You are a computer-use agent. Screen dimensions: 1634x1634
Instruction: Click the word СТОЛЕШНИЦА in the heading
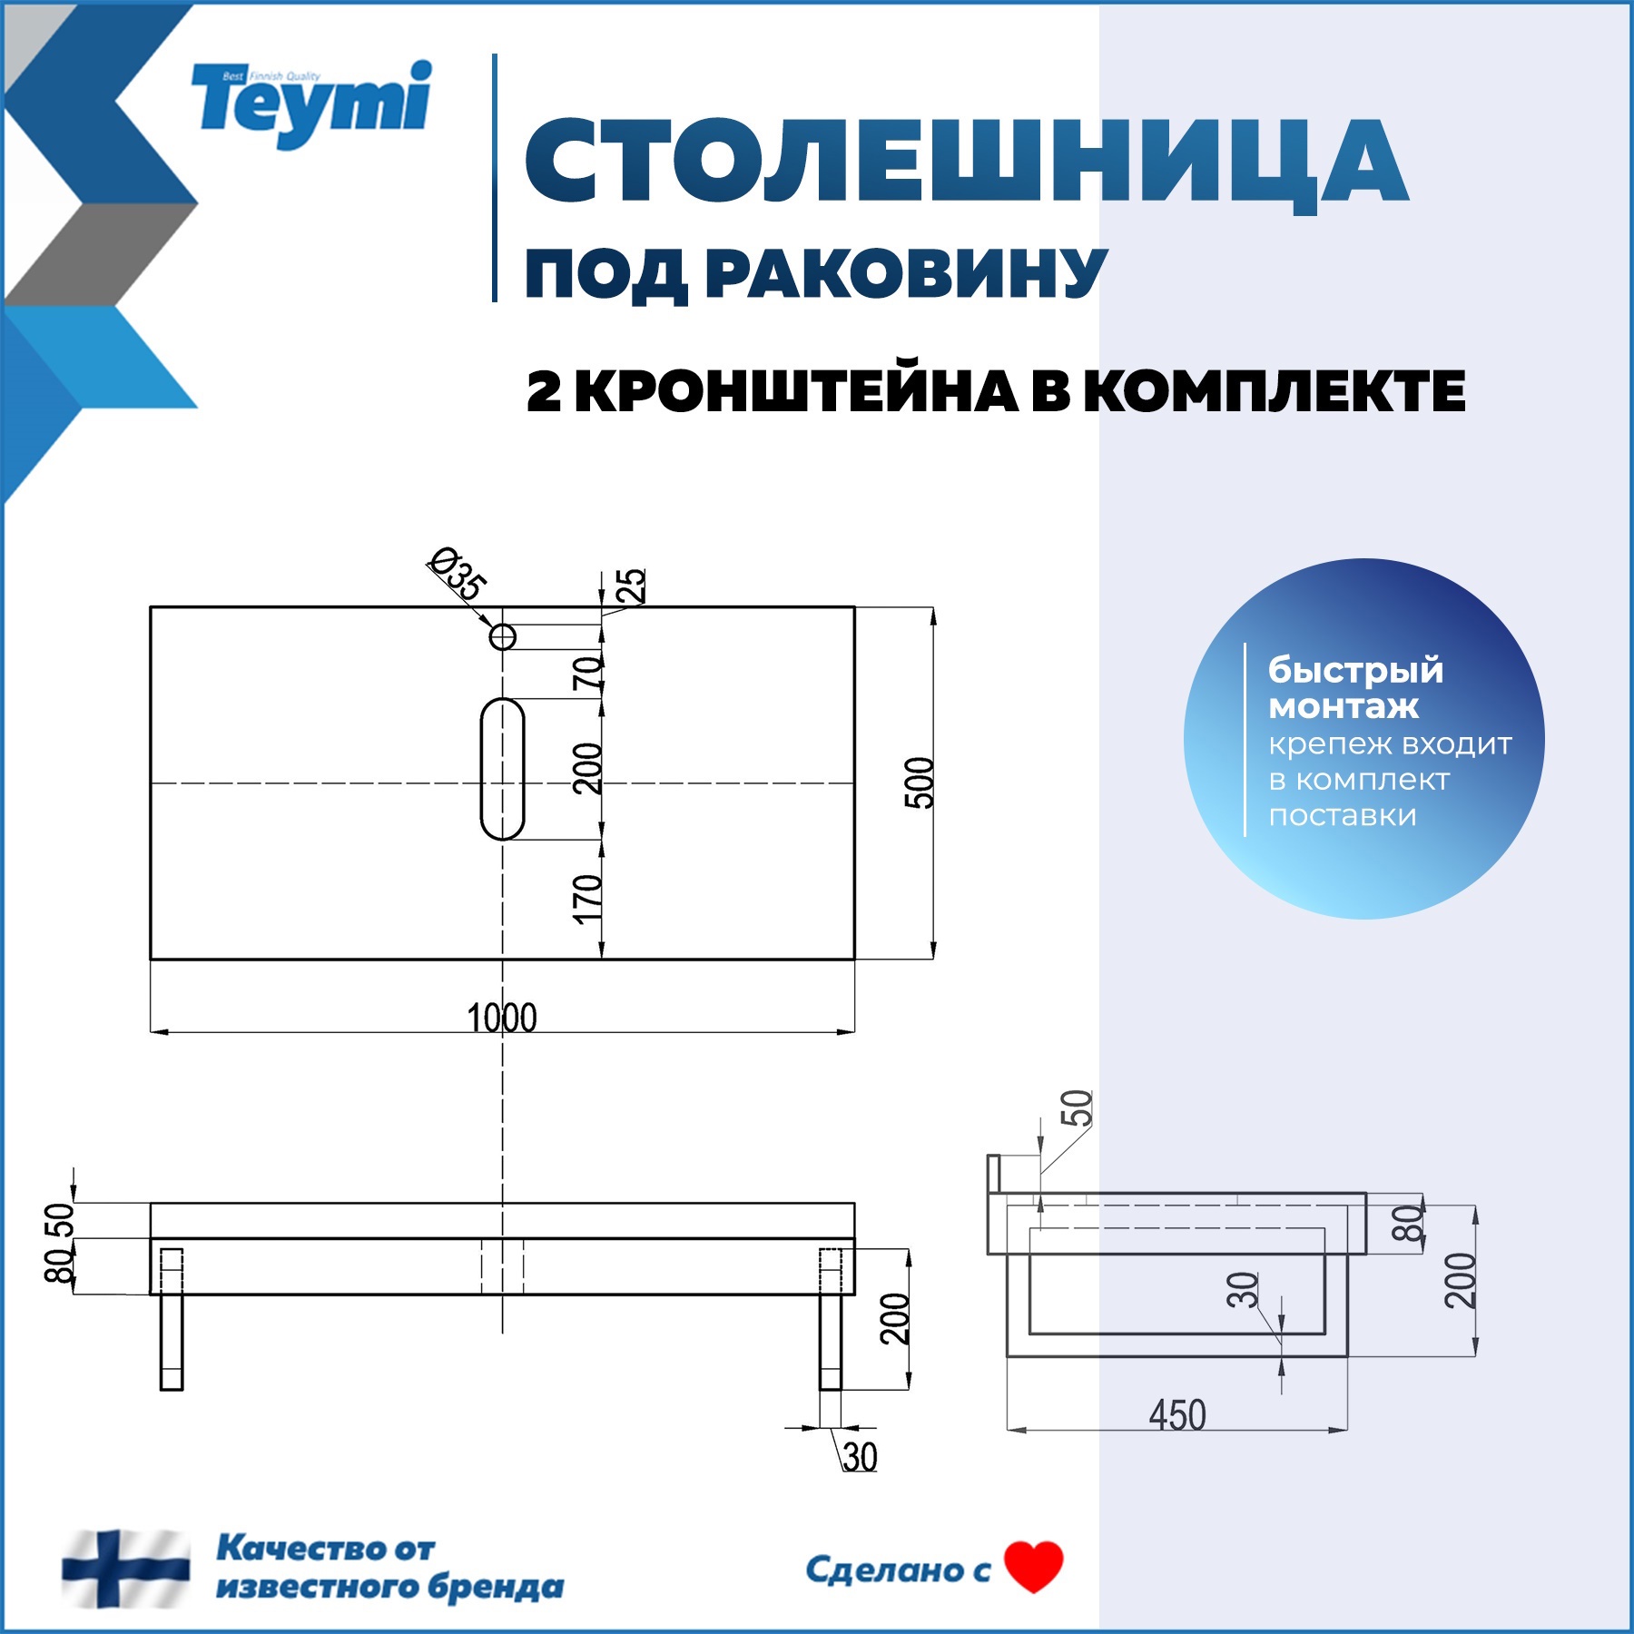(966, 163)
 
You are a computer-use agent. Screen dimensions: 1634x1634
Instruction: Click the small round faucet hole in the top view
(503, 637)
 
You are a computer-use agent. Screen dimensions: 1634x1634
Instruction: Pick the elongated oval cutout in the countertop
(502, 769)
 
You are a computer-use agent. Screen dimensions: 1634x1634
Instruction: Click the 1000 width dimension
(502, 1018)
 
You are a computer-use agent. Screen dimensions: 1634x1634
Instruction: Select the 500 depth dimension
(919, 782)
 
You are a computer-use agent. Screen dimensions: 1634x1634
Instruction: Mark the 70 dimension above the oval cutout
(587, 673)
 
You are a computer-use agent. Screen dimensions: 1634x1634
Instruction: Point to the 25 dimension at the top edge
(630, 586)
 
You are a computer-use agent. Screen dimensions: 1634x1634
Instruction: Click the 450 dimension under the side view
(1177, 1415)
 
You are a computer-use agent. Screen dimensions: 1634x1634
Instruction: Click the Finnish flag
(126, 1569)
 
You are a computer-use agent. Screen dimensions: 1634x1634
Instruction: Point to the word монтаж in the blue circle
(1344, 706)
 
